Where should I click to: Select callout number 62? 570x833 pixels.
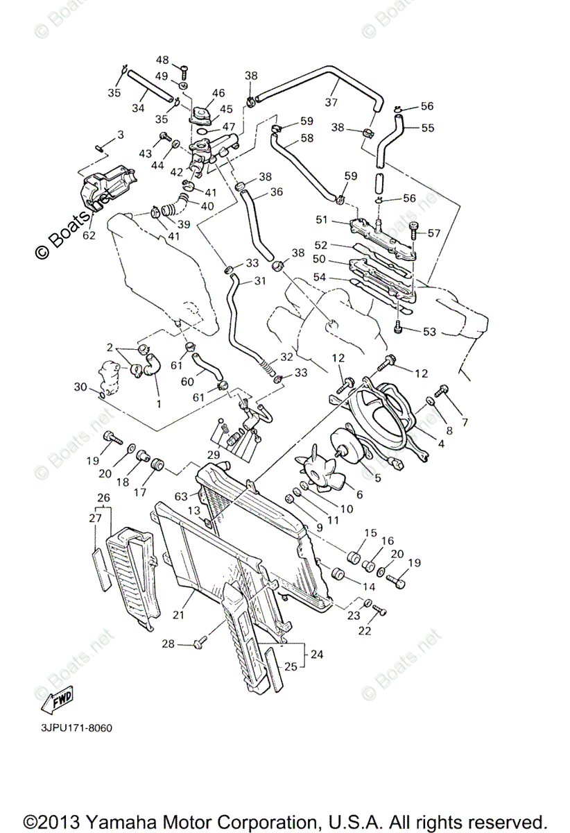88,235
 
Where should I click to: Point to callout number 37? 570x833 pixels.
331,102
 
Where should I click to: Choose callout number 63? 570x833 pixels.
182,496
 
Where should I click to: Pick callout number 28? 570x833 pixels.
168,644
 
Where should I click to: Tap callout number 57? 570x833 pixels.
434,233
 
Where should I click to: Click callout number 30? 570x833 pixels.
80,387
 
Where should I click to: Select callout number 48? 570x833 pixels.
162,60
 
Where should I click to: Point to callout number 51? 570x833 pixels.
321,221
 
